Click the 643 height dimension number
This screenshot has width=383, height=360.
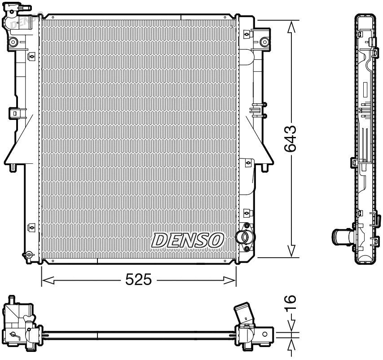click(x=291, y=139)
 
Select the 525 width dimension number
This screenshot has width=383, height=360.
click(x=138, y=281)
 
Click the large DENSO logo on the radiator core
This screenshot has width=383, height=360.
click(x=188, y=240)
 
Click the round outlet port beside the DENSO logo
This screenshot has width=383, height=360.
click(x=243, y=237)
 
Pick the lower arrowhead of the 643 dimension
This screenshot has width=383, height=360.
click(x=292, y=251)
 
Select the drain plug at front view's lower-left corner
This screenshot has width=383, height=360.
click(x=28, y=255)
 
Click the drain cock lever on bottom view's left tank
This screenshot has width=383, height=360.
click(x=14, y=334)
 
